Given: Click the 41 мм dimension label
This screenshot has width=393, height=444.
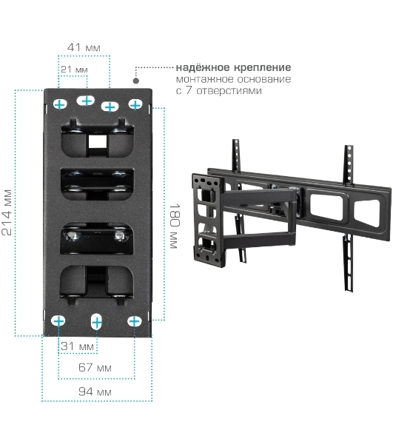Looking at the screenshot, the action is tap(84, 47).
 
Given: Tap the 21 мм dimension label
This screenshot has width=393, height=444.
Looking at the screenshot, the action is tap(74, 70).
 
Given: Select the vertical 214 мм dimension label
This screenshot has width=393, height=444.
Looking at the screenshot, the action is tap(7, 212).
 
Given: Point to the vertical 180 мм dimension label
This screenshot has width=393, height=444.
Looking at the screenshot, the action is tap(175, 226).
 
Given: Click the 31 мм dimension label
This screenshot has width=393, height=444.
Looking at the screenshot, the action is tap(77, 346).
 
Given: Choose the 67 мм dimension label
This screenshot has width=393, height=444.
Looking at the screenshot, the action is tap(95, 368).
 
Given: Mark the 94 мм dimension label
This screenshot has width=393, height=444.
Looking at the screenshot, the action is tap(95, 391).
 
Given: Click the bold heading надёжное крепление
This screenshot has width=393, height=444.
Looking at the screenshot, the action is tap(233, 67).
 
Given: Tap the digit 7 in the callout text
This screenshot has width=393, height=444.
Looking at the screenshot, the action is tap(188, 91).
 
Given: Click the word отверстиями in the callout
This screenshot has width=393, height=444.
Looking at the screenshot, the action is tap(229, 91).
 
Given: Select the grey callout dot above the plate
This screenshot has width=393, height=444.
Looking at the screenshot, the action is tap(136, 81).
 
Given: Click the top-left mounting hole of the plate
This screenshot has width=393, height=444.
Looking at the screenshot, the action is tap(60, 104).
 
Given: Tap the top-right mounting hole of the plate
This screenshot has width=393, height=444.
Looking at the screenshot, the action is tap(135, 105).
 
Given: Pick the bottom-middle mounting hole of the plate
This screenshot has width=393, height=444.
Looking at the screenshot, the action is tap(96, 322).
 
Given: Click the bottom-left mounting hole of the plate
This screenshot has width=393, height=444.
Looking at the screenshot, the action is tap(58, 321).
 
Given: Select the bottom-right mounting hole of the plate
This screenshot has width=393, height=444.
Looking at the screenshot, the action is tap(134, 322).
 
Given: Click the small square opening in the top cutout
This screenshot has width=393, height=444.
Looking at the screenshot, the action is tap(98, 141).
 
